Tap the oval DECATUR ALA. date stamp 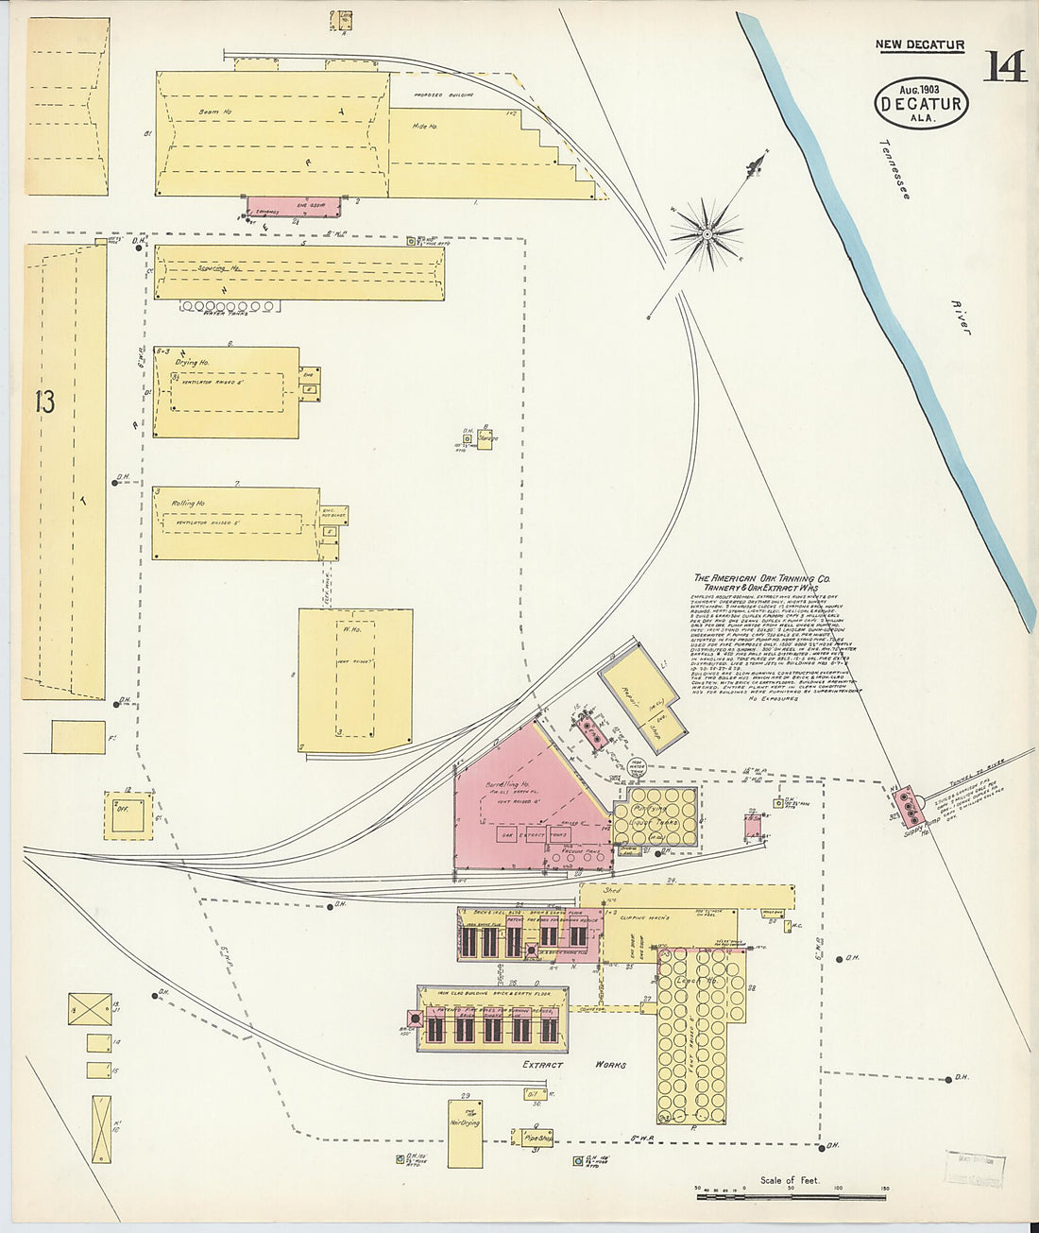[x=921, y=102]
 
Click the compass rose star [x=707, y=231]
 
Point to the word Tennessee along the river [x=894, y=170]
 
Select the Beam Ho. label [x=209, y=112]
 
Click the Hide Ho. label [x=426, y=126]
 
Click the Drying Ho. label [x=192, y=362]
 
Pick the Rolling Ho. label [x=189, y=503]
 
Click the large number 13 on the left [x=44, y=402]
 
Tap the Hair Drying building [x=465, y=1133]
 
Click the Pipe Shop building [x=536, y=1138]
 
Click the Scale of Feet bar [x=790, y=1196]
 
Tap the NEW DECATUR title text [x=919, y=44]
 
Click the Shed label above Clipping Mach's [x=612, y=890]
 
